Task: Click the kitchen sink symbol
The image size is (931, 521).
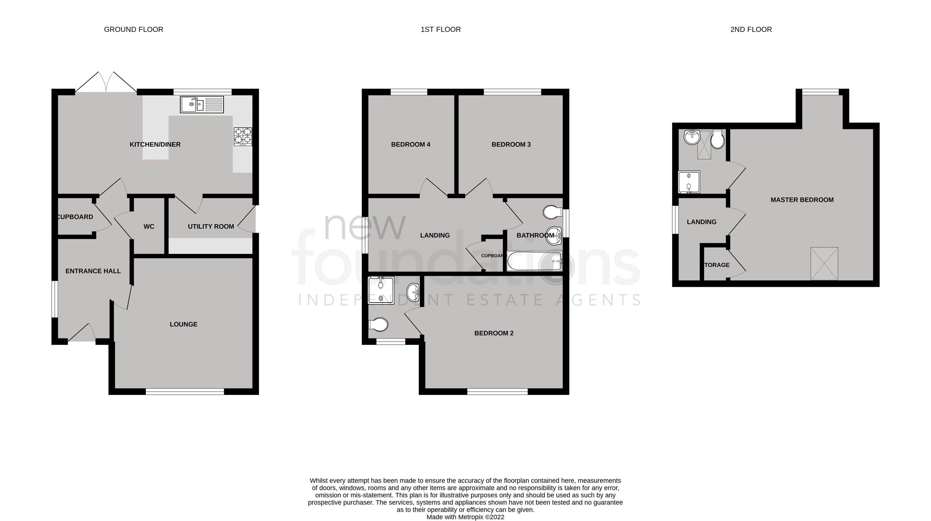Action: [x=202, y=104]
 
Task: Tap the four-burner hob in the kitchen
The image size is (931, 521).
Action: [x=243, y=136]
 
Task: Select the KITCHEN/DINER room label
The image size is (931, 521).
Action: [x=155, y=145]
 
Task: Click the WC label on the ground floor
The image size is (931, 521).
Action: [x=149, y=227]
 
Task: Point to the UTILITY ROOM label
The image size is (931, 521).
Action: [x=211, y=227]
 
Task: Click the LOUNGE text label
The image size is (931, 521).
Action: [x=184, y=325]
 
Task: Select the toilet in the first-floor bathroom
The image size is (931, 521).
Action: [x=552, y=213]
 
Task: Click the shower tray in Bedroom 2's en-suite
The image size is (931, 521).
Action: [x=381, y=291]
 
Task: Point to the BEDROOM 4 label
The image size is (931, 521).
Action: [x=411, y=145]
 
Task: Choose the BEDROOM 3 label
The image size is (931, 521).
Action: [x=511, y=145]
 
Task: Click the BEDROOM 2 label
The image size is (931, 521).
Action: [x=494, y=333]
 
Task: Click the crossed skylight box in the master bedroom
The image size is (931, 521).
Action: [x=824, y=264]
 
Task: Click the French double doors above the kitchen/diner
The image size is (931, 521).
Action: [x=106, y=82]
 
